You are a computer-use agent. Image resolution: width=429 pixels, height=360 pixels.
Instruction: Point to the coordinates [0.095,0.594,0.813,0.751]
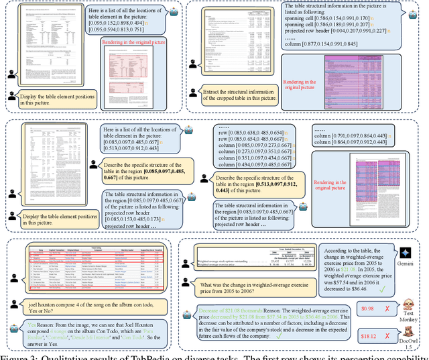tap(125, 30)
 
